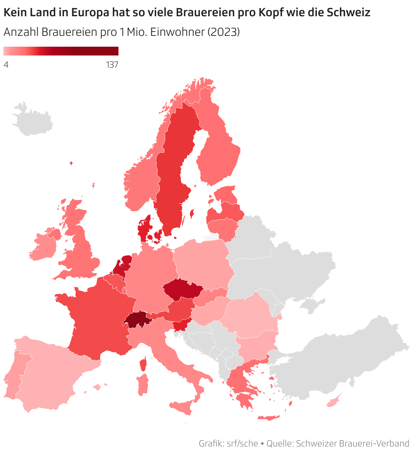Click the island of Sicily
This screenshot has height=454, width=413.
point(183,407)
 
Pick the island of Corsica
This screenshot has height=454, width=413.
point(143,364)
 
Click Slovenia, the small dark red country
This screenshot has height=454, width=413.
point(181,325)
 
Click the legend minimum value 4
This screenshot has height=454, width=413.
point(6,64)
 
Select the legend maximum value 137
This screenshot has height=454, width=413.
point(112,64)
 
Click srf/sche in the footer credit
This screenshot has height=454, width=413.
point(242,443)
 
